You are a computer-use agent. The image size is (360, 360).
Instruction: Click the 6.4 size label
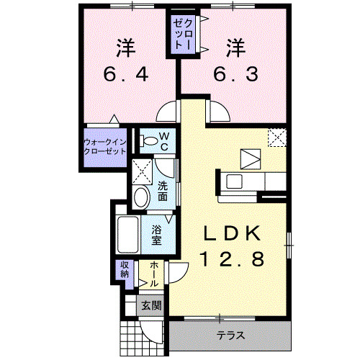coord(127,74)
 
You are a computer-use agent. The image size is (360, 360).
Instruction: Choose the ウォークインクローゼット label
coord(105,146)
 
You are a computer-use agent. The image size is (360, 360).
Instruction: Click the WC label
coord(164,140)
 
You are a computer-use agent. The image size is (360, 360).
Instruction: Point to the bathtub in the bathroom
coord(130,232)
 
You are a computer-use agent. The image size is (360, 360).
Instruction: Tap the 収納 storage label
coord(125,270)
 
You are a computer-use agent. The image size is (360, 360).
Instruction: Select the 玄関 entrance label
coord(150,305)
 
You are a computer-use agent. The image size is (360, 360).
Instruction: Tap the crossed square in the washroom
coord(142,171)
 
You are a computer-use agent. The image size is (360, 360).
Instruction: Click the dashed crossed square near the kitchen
coord(278,137)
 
